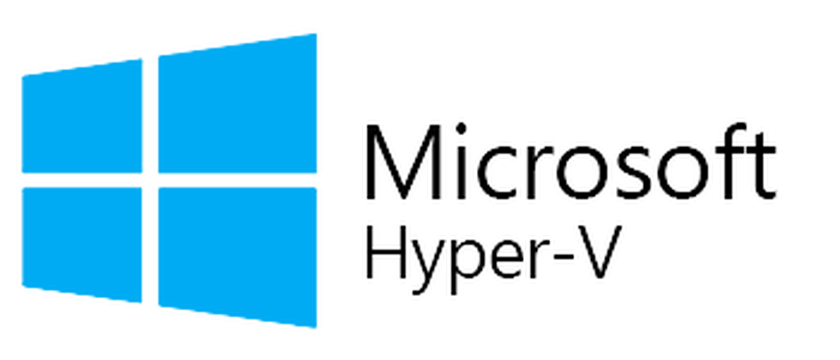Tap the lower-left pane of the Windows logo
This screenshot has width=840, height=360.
pyautogui.click(x=83, y=239)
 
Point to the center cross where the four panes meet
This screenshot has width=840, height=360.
pyautogui.click(x=151, y=179)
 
